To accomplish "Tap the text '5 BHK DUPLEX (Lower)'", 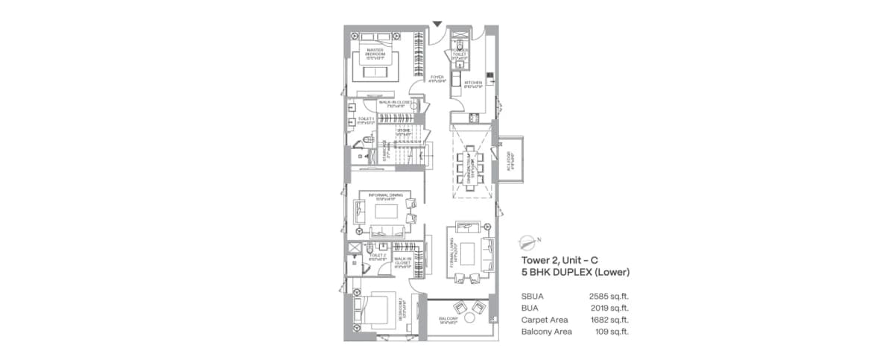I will point(576,273).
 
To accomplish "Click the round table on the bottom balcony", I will point(469,318).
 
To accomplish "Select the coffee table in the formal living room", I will point(469,253).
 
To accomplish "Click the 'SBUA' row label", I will point(533,296).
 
